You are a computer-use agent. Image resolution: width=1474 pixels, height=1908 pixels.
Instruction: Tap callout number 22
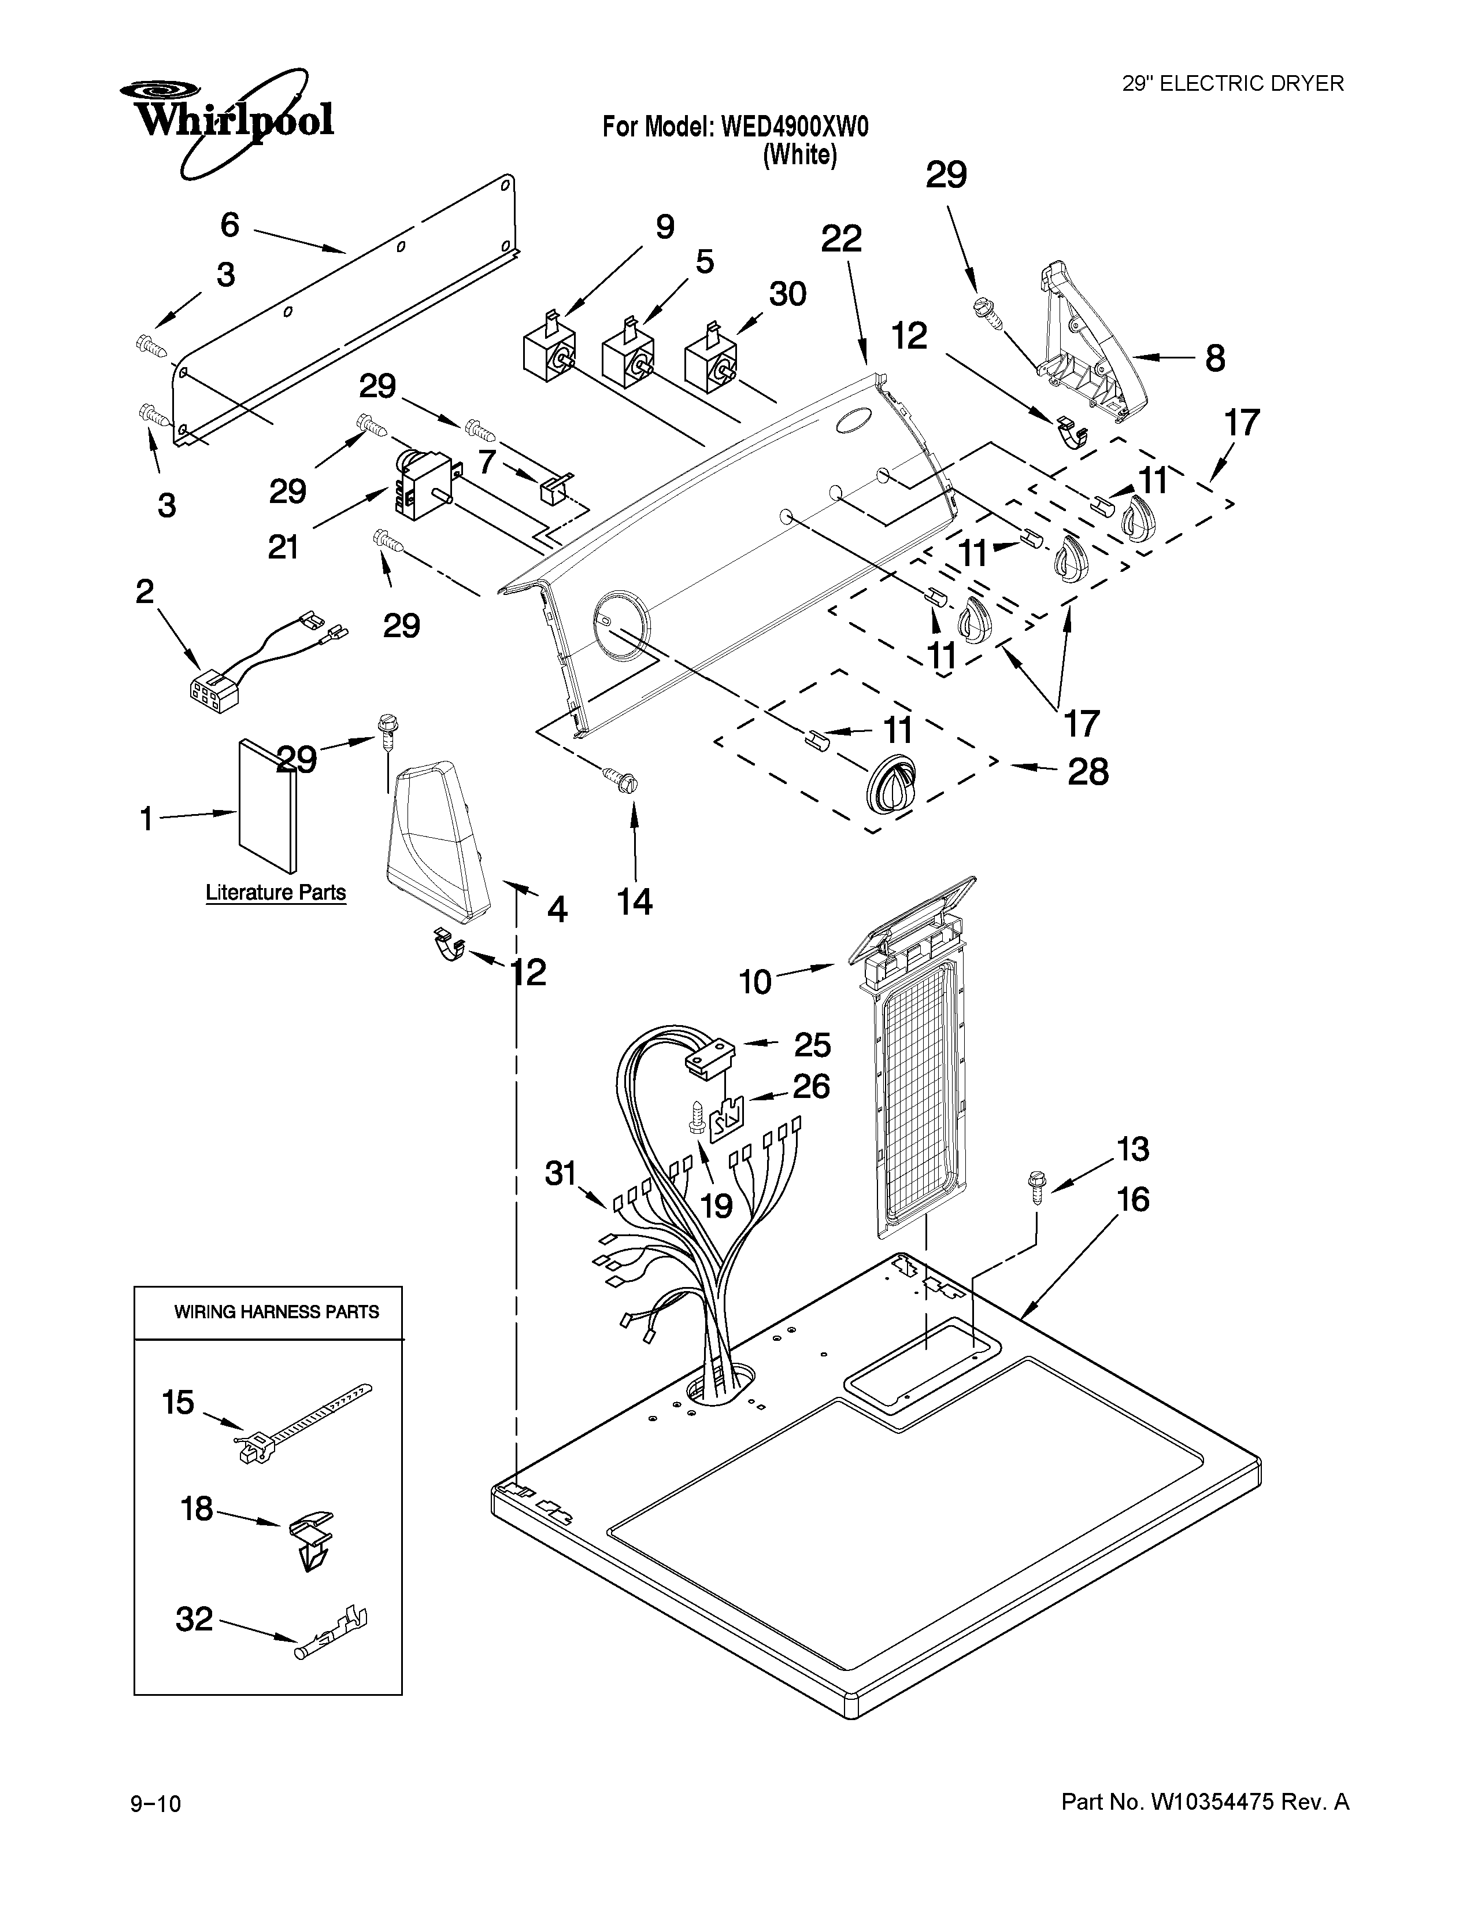coord(842,238)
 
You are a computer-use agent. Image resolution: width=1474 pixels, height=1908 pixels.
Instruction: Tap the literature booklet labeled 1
coord(266,805)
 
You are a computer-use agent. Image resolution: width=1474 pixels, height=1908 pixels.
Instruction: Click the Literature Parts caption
coord(276,893)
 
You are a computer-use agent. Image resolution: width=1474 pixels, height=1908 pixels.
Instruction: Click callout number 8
coord(1214,358)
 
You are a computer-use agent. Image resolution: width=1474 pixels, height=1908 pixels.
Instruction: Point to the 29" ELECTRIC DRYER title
coord(1232,84)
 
